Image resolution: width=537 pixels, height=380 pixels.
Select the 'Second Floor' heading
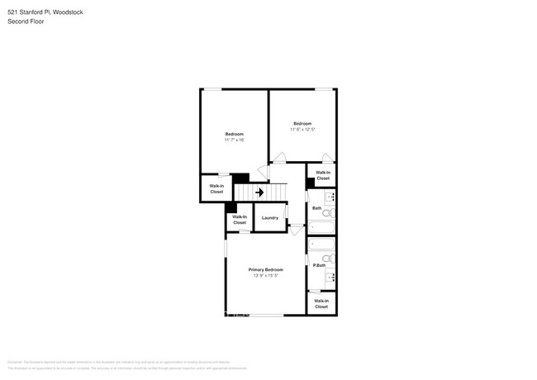[x=26, y=21]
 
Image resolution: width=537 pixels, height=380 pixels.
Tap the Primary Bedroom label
[x=266, y=269]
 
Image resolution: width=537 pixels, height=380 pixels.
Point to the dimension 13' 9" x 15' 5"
[x=266, y=275]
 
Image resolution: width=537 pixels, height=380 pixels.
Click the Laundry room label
[x=270, y=217]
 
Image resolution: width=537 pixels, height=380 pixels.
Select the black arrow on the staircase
[x=259, y=192]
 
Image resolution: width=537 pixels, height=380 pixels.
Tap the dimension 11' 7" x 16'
[x=234, y=140]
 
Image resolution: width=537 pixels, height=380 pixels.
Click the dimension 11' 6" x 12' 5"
[x=302, y=129]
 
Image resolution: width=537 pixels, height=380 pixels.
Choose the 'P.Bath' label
[x=318, y=265]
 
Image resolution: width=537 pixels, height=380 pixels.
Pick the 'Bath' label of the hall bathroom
[x=316, y=208]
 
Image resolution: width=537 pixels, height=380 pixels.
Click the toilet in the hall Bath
[x=327, y=213]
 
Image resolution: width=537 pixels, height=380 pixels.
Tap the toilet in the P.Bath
[x=328, y=259]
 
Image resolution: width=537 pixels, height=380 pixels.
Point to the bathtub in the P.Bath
[x=321, y=245]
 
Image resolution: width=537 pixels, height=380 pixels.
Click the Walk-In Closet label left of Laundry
[x=240, y=220]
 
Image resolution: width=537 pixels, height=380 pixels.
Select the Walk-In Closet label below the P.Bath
[x=321, y=304]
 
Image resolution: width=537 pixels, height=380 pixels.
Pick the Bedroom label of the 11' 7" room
[x=234, y=134]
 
